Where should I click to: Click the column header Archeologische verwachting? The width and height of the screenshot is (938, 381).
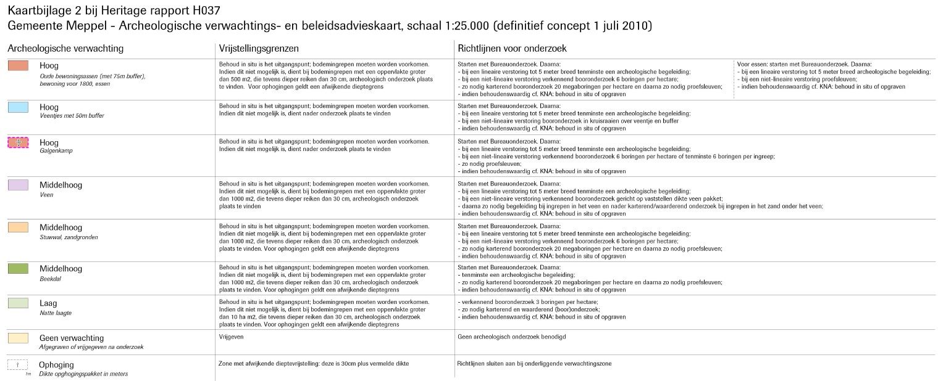click(65, 48)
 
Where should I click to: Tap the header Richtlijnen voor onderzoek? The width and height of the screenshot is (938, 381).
click(512, 48)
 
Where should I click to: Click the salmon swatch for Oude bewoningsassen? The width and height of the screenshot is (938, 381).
click(18, 65)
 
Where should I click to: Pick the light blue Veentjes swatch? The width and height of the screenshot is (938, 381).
click(18, 107)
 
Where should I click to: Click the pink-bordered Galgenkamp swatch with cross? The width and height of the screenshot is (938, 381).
click(18, 142)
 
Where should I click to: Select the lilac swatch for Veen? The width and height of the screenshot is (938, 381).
click(18, 185)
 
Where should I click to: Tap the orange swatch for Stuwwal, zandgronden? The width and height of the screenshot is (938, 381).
click(18, 227)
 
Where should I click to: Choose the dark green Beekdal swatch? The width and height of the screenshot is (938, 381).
click(18, 268)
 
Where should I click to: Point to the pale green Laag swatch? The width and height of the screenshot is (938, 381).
click(18, 303)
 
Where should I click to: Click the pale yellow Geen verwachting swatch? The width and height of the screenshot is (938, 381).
click(18, 338)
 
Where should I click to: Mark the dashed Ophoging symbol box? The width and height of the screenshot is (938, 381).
click(18, 364)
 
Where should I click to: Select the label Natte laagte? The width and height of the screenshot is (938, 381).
click(56, 313)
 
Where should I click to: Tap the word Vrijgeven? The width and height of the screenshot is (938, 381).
click(232, 337)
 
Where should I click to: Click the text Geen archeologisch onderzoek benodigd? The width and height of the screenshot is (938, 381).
click(512, 337)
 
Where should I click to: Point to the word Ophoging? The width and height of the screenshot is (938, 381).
click(57, 364)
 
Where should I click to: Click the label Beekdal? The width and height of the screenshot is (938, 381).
click(51, 279)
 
